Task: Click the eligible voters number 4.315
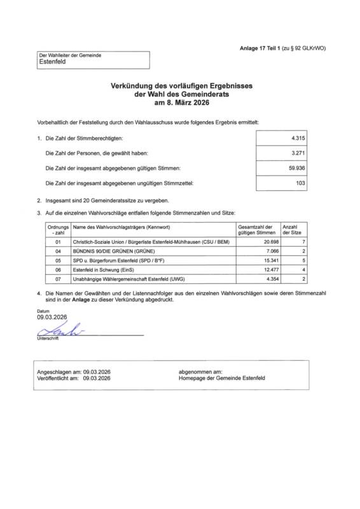pos(298,137)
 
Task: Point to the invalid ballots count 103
pos(300,183)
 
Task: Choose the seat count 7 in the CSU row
pos(304,242)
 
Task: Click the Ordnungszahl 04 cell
pos(59,251)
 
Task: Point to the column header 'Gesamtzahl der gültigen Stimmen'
pos(256,230)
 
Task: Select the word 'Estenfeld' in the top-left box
pos(52,63)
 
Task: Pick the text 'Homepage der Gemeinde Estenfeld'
pos(223,377)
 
